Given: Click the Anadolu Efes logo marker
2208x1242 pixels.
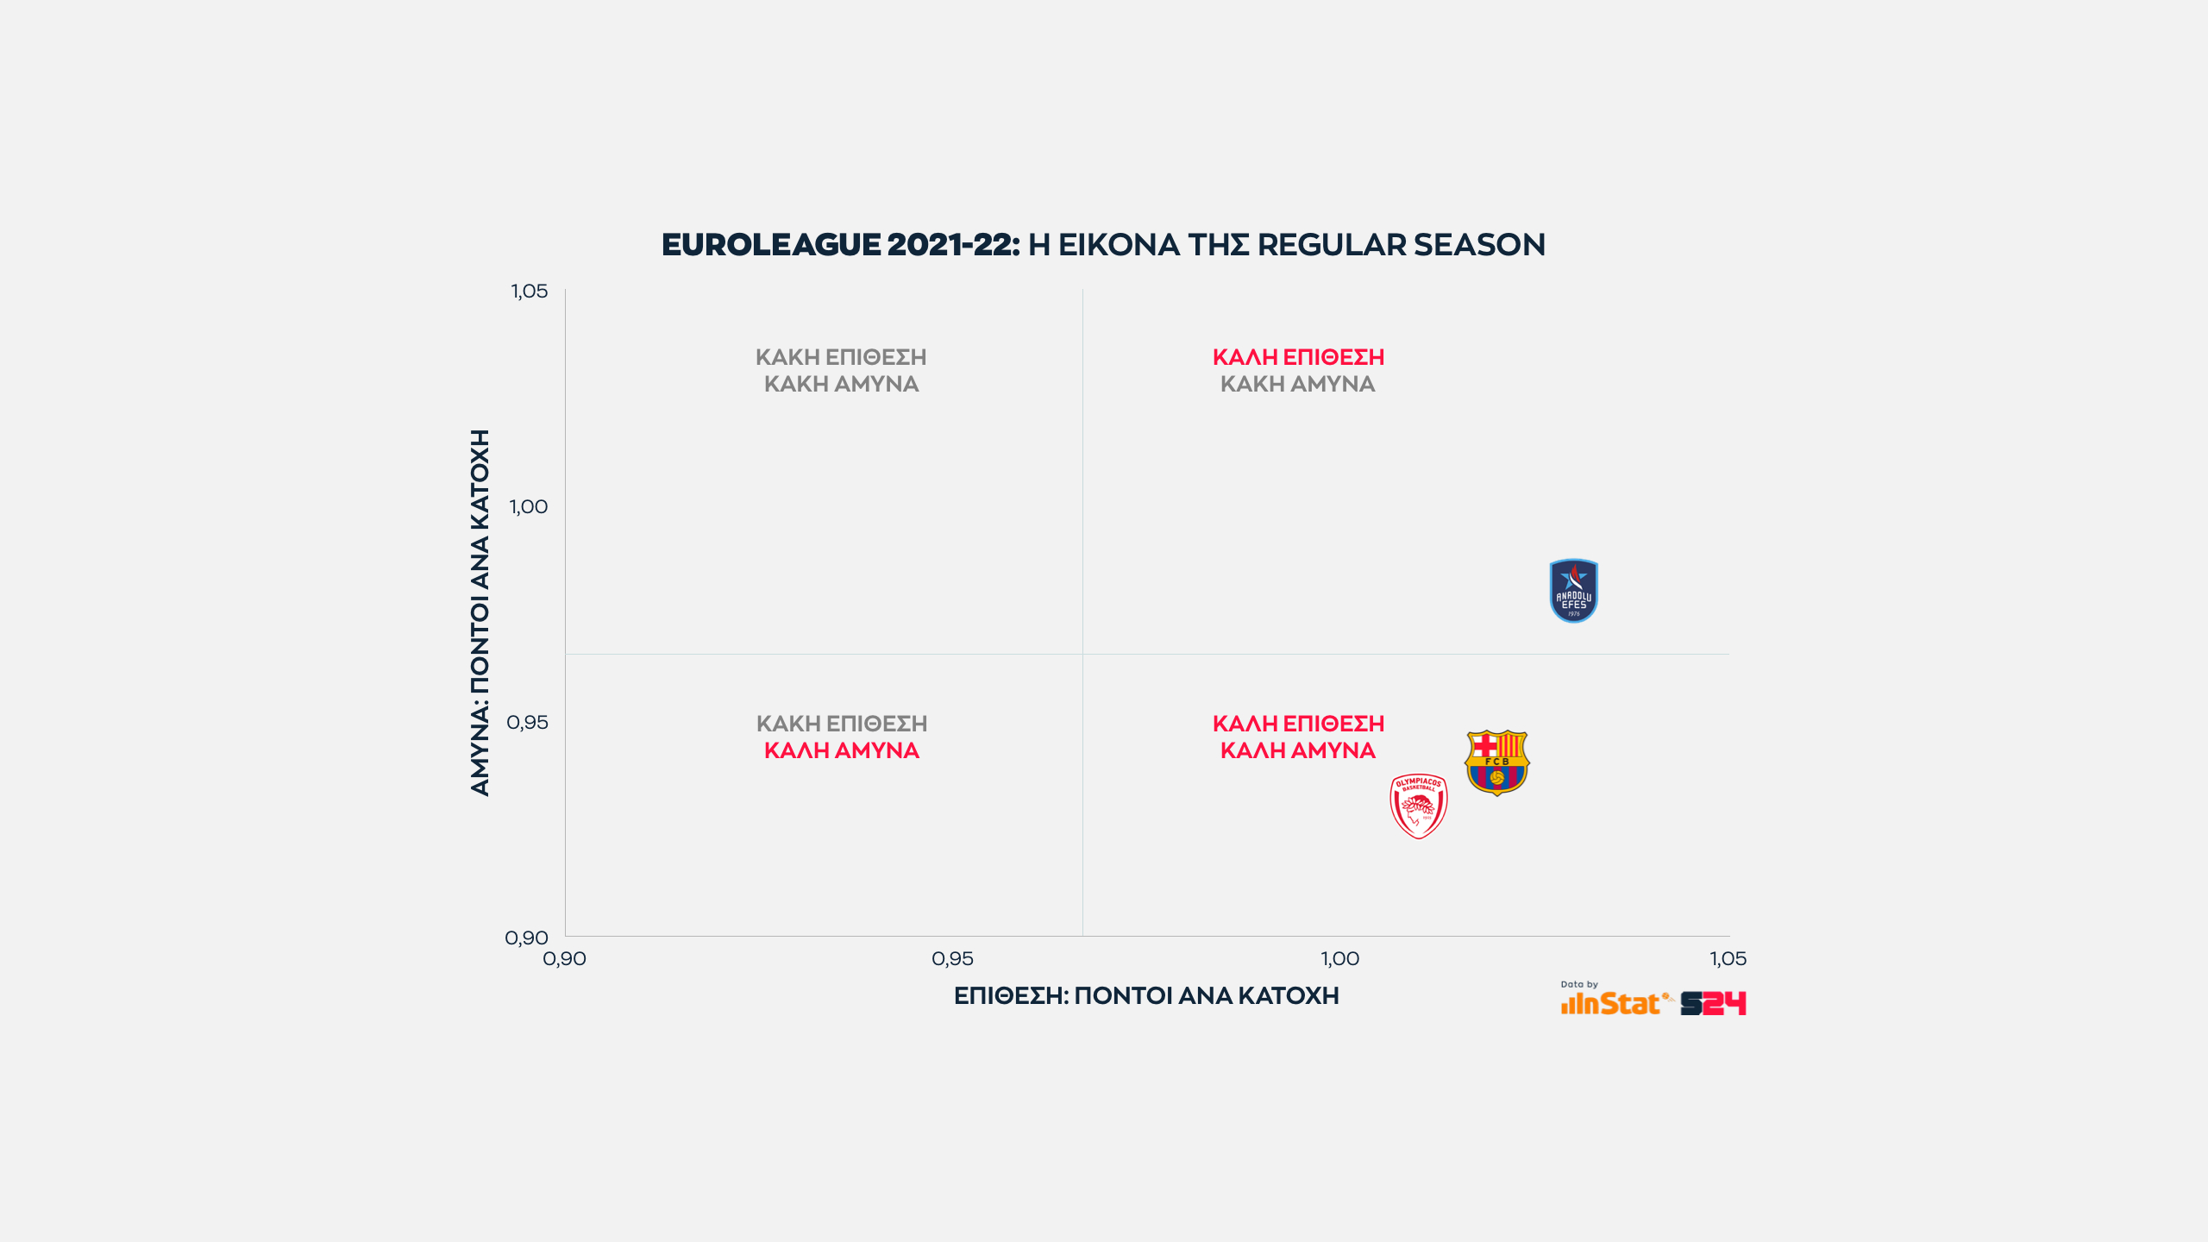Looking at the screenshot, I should click(x=1573, y=591).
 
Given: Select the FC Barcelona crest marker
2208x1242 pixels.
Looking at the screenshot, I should click(x=1496, y=762).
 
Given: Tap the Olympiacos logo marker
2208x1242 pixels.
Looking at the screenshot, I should click(x=1419, y=806).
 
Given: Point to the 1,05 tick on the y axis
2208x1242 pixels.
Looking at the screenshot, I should click(x=529, y=292).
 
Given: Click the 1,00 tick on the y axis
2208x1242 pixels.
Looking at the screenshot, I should click(x=529, y=507).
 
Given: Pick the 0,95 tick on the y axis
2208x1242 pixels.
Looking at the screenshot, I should click(x=527, y=723).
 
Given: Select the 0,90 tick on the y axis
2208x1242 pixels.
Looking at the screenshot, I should click(x=526, y=938).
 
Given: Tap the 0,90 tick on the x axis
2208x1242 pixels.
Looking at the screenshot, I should click(x=564, y=959).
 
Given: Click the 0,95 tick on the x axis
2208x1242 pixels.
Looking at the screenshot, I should click(x=952, y=959).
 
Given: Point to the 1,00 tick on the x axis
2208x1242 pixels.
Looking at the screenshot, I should click(x=1340, y=959).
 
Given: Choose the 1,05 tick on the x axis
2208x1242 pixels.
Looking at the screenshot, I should click(x=1728, y=959).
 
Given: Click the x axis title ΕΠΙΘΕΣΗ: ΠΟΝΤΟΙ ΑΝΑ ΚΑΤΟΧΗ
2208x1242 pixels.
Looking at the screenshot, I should click(x=1146, y=996).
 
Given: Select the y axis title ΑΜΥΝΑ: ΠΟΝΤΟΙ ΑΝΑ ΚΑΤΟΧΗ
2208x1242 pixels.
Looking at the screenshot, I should click(x=480, y=612).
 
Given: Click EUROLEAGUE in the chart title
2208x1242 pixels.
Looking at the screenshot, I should click(x=771, y=245).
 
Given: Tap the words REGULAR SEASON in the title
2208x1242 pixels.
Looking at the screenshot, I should click(x=1401, y=245).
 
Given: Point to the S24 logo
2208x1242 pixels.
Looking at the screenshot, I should click(x=1713, y=1003).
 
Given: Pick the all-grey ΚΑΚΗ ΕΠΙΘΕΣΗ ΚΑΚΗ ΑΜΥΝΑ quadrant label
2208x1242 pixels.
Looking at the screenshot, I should click(x=841, y=370).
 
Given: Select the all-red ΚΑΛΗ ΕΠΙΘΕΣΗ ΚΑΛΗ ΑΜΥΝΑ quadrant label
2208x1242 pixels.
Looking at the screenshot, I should click(x=1298, y=737).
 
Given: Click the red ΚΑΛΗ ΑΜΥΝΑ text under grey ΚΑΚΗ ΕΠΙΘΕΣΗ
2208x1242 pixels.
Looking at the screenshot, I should click(x=841, y=750).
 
